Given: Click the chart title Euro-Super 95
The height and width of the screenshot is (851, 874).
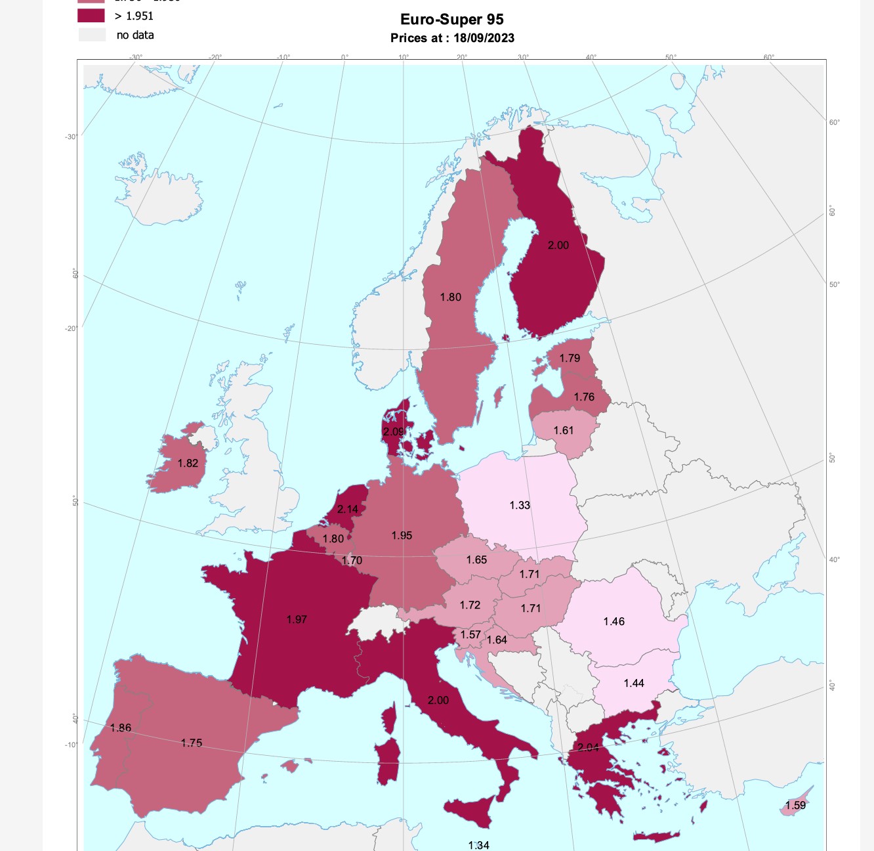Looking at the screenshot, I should [451, 20].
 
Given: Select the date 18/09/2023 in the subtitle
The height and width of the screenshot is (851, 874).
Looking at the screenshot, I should [484, 38].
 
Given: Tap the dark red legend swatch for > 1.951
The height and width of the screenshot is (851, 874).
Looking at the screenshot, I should [91, 16].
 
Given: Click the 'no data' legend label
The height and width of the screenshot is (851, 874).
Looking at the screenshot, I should [135, 35].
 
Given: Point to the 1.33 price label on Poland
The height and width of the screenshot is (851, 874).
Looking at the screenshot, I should [520, 505].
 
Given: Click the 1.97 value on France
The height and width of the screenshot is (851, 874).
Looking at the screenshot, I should [297, 619].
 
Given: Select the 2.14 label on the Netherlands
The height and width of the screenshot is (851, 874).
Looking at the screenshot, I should [348, 509].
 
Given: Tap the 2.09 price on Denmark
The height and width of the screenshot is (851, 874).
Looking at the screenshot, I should [394, 431].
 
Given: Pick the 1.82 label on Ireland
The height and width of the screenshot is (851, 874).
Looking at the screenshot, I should [188, 463].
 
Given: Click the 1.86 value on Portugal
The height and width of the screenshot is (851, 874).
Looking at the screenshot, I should [121, 728].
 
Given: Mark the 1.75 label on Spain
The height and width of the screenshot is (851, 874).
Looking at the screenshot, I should [192, 743].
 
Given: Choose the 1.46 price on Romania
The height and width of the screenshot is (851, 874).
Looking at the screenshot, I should [614, 621].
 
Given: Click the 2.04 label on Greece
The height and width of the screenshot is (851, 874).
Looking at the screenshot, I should [588, 747].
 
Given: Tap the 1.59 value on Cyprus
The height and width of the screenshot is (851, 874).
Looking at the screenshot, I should [795, 805].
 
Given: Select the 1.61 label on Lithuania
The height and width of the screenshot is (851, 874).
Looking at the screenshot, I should [564, 430].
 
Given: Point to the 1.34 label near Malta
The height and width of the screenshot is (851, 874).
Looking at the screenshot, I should [478, 845].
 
